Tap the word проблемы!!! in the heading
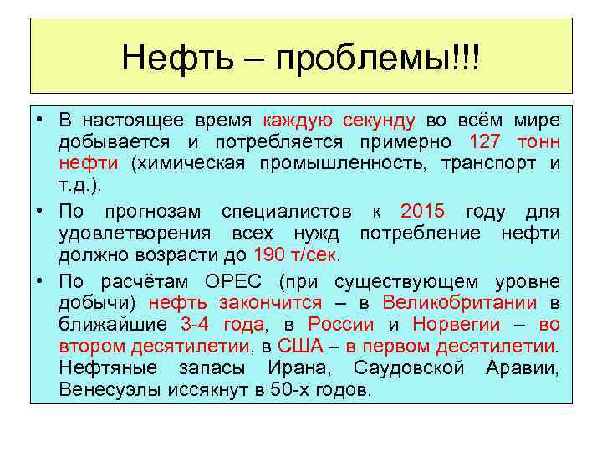tap(380, 58)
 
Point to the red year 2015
tap(423, 210)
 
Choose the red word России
tap(340, 324)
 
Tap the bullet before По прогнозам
tap(40, 210)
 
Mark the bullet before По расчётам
tap(40, 280)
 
